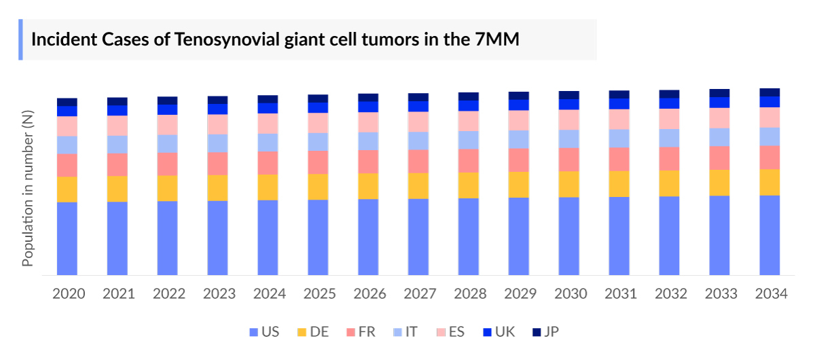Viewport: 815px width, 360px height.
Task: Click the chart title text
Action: point(275,39)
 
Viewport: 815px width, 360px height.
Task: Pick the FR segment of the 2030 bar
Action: point(569,159)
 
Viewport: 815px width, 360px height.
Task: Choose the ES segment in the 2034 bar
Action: point(769,117)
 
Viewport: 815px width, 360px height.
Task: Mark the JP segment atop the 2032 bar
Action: point(669,94)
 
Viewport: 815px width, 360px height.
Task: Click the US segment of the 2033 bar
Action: point(719,235)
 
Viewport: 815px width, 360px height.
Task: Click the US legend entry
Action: point(264,331)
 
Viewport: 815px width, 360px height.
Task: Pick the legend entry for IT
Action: point(405,331)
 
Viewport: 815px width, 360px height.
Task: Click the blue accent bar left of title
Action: point(20,39)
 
